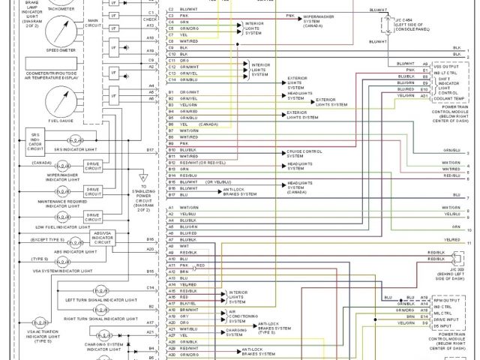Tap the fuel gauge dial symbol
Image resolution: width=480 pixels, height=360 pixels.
click(59, 101)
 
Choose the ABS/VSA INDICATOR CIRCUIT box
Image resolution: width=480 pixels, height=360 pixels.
click(103, 238)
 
